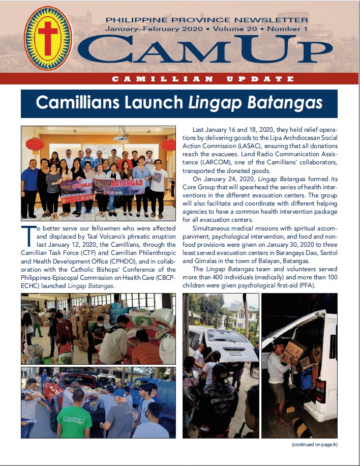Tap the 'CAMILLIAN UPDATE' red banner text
pos(203,79)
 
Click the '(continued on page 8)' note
pos(314,445)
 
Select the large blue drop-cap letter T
pos(28,235)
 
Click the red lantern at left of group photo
pos(35,144)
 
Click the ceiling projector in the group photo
pos(121,137)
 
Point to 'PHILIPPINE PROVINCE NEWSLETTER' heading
pos(206,20)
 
